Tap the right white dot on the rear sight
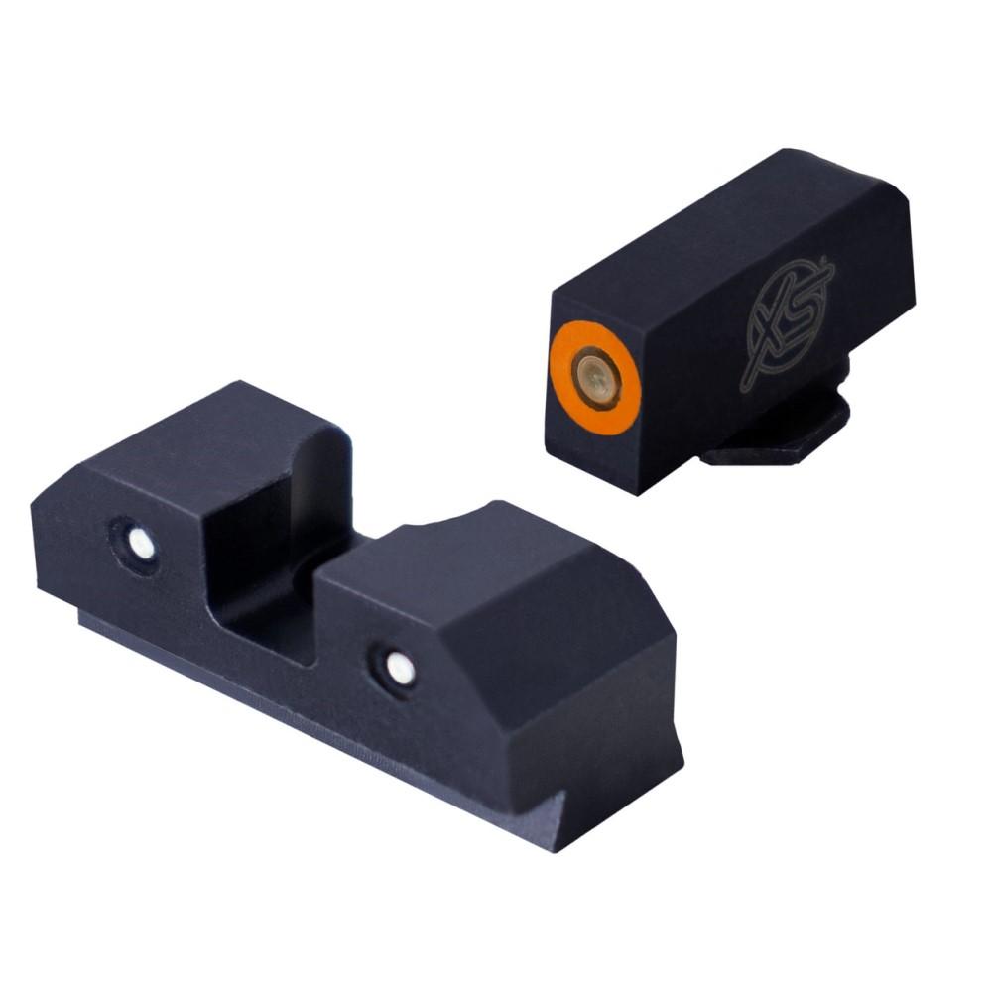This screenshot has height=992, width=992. (400, 669)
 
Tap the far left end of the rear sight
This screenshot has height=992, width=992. (45, 536)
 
